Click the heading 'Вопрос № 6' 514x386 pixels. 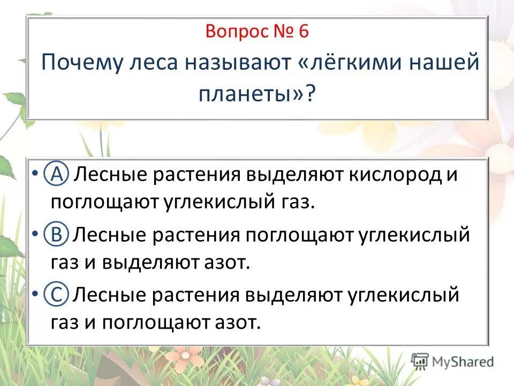point(256,32)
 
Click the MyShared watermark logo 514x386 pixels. point(452,361)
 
